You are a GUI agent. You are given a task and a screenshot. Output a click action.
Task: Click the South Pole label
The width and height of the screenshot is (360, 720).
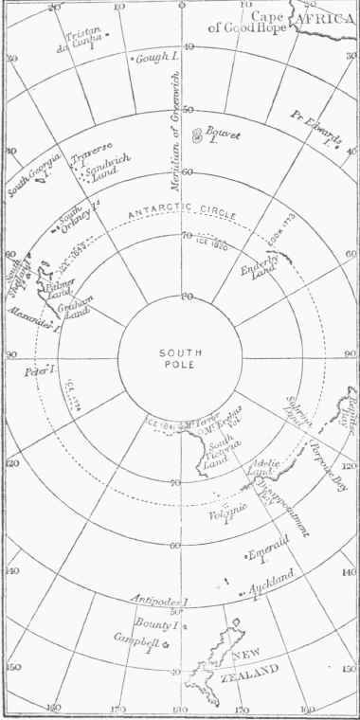click(x=179, y=358)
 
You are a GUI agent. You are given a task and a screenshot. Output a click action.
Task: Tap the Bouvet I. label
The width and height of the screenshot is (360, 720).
click(x=225, y=139)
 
